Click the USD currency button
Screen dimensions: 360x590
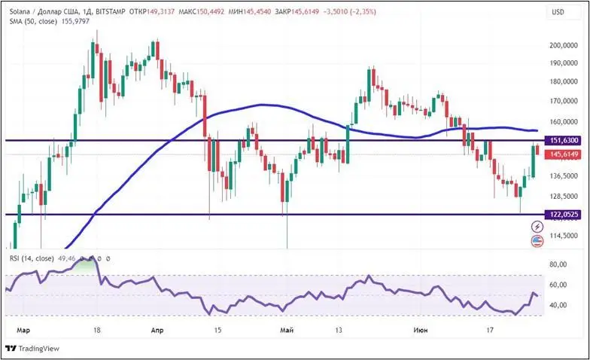click(x=558, y=12)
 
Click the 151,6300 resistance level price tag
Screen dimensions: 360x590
click(x=564, y=140)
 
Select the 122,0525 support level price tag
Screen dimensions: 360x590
click(x=564, y=214)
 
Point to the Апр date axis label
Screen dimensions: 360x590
click(x=157, y=329)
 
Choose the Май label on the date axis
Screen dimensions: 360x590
click(x=286, y=329)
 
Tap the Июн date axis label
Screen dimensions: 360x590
click(x=421, y=329)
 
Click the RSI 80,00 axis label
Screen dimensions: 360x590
click(x=558, y=264)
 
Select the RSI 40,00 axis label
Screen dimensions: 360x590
click(x=558, y=305)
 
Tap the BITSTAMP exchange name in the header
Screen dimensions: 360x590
click(x=108, y=12)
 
